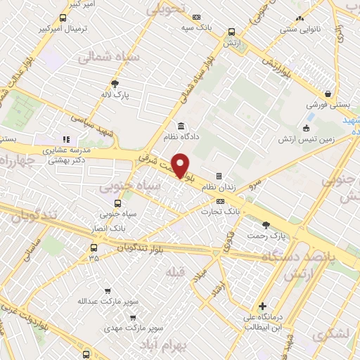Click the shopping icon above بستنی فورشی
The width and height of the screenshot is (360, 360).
click(328, 94)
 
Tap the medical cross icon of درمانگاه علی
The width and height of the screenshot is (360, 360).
click(262, 307)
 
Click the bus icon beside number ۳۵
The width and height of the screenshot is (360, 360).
click(94, 247)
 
